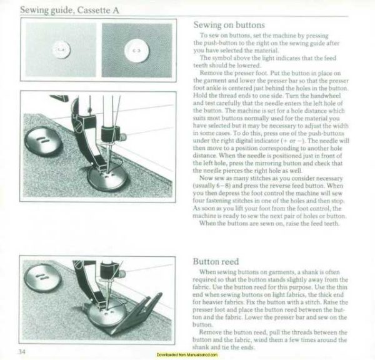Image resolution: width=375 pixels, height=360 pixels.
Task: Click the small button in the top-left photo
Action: pos(61,47)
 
